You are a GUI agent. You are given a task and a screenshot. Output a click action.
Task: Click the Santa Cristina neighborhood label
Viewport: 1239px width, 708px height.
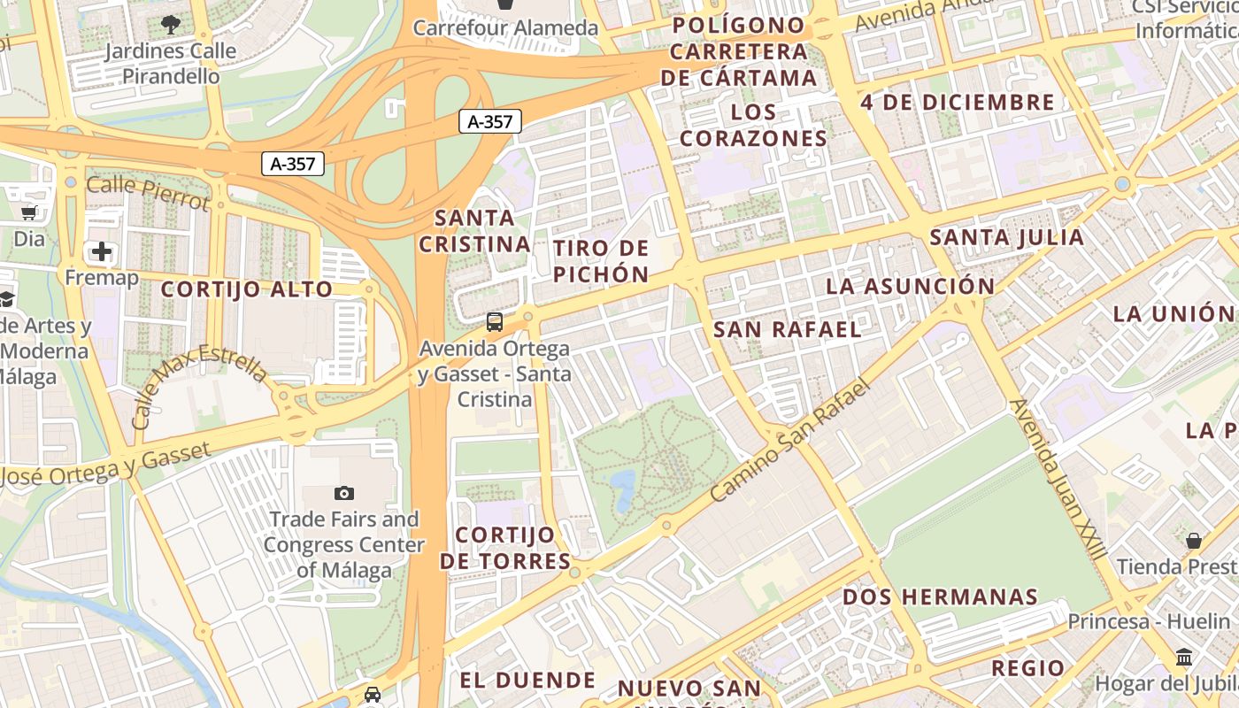pos(474,231)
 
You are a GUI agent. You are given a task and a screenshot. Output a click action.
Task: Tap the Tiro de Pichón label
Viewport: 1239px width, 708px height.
pos(602,261)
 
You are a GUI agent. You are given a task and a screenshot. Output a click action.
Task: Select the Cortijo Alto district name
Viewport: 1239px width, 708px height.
pos(247,289)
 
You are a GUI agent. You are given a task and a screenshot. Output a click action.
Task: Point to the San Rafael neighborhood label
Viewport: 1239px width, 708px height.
pos(787,330)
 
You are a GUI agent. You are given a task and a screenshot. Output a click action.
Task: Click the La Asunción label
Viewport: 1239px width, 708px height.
pos(911,287)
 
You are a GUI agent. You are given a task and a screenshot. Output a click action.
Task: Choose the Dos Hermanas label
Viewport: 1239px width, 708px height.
pos(940,596)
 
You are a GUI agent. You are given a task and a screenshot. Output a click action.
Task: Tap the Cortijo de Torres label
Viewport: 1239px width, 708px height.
pos(505,548)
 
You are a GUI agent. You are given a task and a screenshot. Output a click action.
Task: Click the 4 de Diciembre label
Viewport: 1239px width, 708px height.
pos(958,103)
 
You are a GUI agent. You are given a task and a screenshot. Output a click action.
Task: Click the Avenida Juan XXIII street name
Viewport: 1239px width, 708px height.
pos(1058,478)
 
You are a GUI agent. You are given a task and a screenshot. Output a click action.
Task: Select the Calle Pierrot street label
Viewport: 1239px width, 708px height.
pos(149,193)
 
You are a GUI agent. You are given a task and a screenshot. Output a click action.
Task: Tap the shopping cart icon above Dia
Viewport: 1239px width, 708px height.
pos(29,212)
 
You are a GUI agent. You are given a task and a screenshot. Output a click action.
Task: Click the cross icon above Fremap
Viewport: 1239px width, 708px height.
pos(102,251)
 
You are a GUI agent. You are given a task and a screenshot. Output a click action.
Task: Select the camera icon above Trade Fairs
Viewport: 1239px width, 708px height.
pos(344,493)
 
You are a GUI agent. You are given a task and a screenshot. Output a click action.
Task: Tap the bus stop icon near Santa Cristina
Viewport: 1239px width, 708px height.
pos(494,322)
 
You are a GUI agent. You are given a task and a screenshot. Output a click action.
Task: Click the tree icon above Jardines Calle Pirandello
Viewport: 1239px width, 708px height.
pos(171,25)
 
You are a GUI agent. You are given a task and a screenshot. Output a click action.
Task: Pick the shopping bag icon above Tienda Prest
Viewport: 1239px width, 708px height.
pos(1194,540)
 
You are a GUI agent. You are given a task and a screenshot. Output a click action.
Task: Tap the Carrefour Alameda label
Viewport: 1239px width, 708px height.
pos(505,27)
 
